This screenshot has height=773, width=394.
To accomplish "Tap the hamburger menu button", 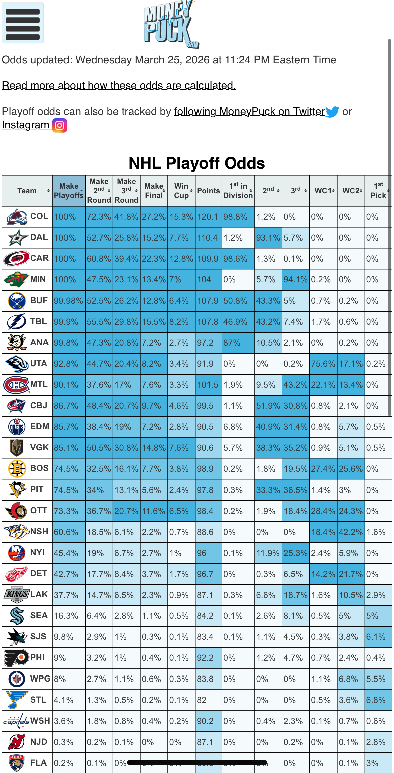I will click(23, 23).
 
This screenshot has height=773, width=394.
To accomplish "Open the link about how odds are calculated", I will click(119, 86).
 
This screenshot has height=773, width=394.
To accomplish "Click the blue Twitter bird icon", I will click(332, 112).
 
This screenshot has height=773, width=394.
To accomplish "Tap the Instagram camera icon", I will click(60, 125).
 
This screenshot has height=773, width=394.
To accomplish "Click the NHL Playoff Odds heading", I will click(196, 163).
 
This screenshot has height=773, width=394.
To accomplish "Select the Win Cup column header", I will click(181, 191).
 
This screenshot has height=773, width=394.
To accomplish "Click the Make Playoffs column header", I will click(69, 191).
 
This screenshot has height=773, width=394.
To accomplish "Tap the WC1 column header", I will click(323, 191).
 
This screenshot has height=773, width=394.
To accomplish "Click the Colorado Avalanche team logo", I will click(17, 217).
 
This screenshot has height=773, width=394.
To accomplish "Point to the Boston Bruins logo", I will click(17, 469).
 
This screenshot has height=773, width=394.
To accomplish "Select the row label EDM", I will click(39, 427).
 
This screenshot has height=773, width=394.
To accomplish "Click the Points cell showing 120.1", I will click(208, 217).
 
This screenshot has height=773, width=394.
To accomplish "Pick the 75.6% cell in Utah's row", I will click(323, 364).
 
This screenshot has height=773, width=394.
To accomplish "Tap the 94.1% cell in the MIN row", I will click(295, 280).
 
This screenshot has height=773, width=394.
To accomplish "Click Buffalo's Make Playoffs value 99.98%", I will click(69, 301).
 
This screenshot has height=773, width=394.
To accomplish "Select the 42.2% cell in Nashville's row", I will click(350, 532).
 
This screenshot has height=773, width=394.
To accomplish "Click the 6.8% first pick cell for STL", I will click(378, 700).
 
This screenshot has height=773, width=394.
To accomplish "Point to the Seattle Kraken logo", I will click(17, 616).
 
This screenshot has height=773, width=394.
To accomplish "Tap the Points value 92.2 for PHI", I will click(208, 658).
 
